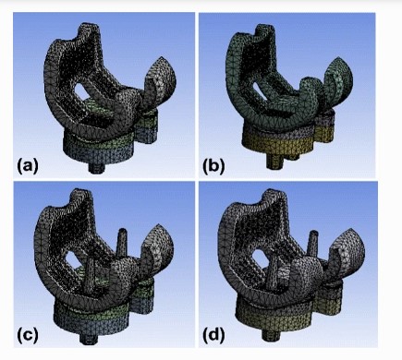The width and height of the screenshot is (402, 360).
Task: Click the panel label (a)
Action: coord(28,166)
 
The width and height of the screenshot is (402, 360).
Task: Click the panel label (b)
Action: coord(213,166)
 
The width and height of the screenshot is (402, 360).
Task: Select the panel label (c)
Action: coord(28,336)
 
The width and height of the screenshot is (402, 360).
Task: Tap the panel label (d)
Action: coord(213,336)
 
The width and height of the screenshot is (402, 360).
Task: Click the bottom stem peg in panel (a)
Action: coord(96,168)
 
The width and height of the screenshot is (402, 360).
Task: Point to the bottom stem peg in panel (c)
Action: coord(89,338)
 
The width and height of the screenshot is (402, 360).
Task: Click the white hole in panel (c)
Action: coord(72,258)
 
